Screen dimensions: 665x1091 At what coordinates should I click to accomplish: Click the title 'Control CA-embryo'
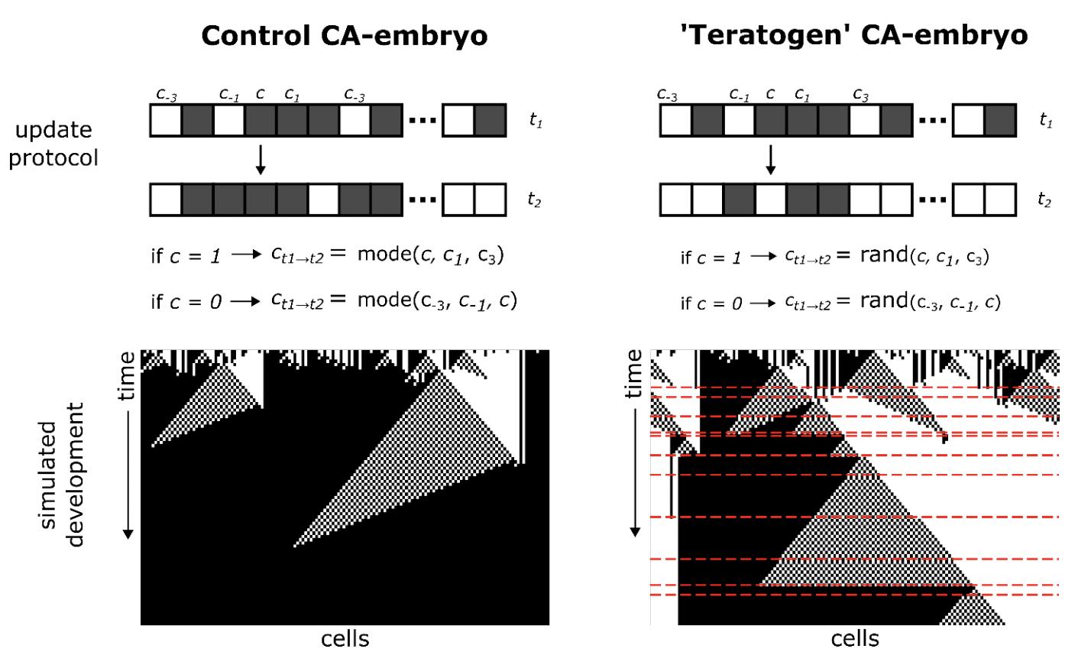344,36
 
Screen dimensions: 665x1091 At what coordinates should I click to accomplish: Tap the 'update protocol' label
53,144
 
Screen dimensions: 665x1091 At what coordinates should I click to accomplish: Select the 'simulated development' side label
63,483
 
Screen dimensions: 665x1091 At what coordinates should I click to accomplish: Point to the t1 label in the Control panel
536,121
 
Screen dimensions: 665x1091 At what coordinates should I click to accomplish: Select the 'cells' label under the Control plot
345,639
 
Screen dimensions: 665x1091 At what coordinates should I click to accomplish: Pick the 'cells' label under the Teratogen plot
855,639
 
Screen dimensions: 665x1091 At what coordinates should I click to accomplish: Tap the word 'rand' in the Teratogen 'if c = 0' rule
882,301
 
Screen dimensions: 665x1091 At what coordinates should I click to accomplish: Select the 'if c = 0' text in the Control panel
186,302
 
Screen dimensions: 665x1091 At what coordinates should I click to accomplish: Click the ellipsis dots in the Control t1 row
422,121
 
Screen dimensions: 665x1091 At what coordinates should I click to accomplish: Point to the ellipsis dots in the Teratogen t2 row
932,199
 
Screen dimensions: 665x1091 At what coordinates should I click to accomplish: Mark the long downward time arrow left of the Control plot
128,474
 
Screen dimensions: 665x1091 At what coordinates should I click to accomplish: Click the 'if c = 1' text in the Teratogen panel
711,258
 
